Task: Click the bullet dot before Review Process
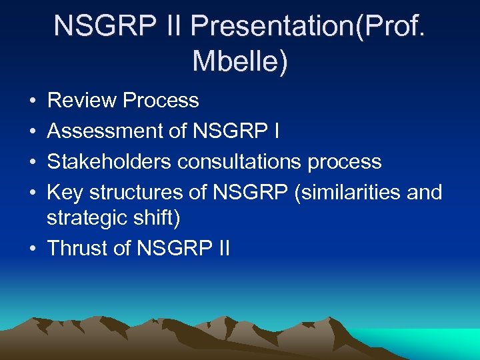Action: pos(33,101)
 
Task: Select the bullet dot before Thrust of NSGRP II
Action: pos(33,249)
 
